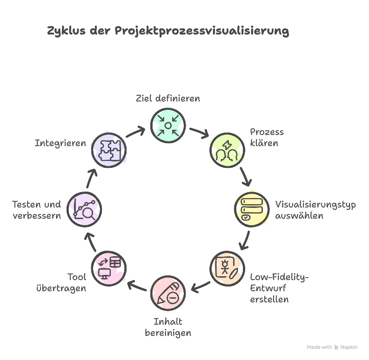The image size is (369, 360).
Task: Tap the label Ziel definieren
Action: click(x=168, y=99)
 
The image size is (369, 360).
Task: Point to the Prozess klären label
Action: click(x=266, y=137)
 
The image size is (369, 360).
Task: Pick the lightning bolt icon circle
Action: click(x=228, y=150)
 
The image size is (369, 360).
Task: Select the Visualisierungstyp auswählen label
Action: click(x=315, y=210)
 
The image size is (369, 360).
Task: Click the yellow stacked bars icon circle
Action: click(x=251, y=210)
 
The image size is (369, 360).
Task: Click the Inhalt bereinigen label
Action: click(x=168, y=327)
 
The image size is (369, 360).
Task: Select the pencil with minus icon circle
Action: click(x=168, y=293)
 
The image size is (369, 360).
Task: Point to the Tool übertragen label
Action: click(x=61, y=282)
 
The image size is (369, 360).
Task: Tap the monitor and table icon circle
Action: click(x=108, y=269)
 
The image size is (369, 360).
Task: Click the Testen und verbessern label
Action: click(x=36, y=210)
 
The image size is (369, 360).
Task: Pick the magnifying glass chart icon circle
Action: click(x=84, y=210)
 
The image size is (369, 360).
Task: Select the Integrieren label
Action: click(x=60, y=143)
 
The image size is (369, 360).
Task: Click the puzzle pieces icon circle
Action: click(x=108, y=150)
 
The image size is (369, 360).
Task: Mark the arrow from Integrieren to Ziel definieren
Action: click(x=136, y=132)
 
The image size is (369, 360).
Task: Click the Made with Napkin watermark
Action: click(x=332, y=347)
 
